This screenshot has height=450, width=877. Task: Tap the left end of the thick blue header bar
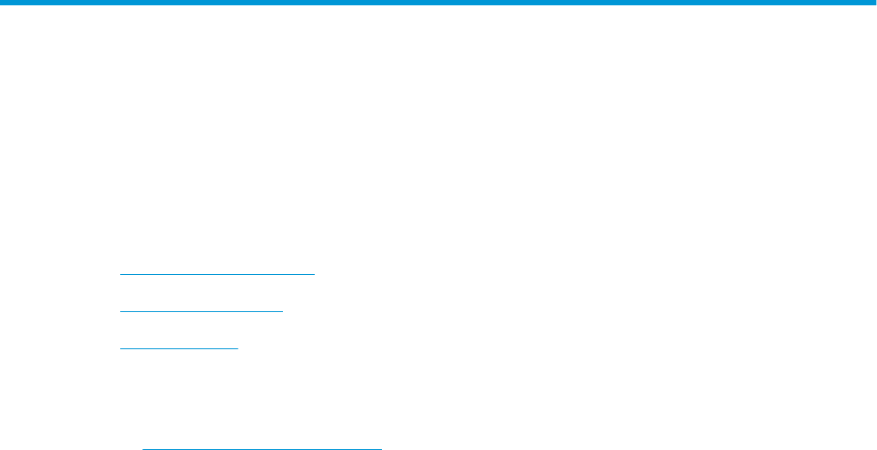click(3, 3)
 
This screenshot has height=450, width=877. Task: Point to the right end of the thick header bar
click(873, 3)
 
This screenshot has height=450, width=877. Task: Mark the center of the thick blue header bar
click(438, 3)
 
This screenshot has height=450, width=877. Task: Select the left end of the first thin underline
click(120, 274)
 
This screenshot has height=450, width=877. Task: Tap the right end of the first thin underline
click(315, 274)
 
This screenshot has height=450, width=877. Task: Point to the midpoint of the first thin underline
click(217, 274)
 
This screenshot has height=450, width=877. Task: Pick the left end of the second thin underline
click(120, 311)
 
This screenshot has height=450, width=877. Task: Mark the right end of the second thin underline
click(283, 311)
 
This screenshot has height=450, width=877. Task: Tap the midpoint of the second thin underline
click(202, 311)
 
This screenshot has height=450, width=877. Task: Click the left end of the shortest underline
click(120, 348)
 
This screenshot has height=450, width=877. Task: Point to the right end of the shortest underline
click(239, 348)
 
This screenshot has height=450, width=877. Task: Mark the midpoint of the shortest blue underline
click(179, 348)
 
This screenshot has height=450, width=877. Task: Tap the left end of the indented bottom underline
click(143, 449)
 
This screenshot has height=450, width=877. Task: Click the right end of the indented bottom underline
click(382, 449)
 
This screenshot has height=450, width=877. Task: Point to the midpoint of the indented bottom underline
click(263, 449)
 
